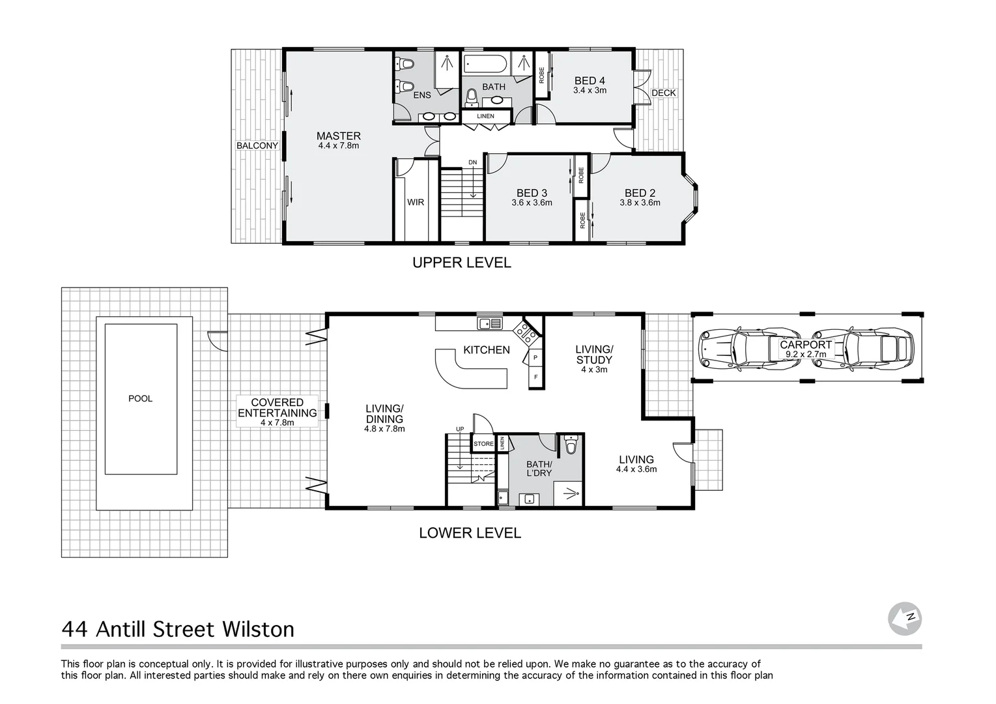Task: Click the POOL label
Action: (x=140, y=398)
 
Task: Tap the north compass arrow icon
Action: (x=905, y=618)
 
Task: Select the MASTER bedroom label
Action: (x=338, y=136)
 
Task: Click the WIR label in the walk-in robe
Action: (x=416, y=202)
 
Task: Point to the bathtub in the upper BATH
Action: (x=485, y=65)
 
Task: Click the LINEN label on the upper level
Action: (x=485, y=116)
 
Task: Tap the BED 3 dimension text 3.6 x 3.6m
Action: (x=532, y=203)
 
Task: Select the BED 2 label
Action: (x=640, y=193)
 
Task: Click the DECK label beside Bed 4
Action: (x=664, y=93)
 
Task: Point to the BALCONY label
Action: (x=257, y=145)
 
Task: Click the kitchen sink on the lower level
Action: (x=489, y=323)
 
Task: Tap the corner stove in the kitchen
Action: (x=526, y=332)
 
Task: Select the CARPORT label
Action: (x=806, y=344)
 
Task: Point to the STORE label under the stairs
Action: (x=483, y=444)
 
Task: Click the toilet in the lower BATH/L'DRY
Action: (x=571, y=445)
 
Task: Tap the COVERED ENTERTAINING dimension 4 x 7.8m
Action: (x=277, y=422)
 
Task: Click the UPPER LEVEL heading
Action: (x=461, y=263)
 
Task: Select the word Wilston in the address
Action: (x=259, y=629)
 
